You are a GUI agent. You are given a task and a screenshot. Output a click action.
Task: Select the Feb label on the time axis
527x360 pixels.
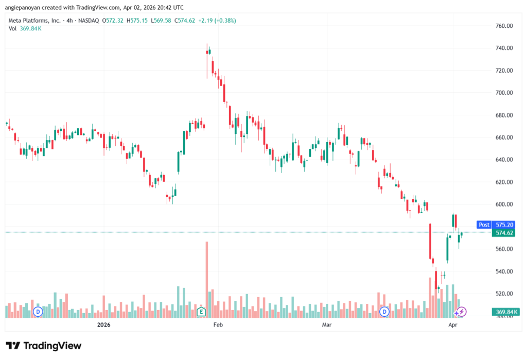(218, 325)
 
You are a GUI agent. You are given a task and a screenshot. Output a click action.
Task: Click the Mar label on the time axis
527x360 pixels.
(326, 325)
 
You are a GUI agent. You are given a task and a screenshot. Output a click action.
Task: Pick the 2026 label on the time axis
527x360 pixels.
(104, 325)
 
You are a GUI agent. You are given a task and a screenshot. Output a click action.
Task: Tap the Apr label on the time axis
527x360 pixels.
(453, 325)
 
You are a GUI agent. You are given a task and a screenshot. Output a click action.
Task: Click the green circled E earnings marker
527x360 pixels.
(201, 312)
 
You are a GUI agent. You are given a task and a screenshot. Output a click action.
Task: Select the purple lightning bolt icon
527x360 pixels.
(462, 312)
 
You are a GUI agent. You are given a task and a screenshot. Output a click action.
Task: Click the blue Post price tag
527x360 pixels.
(484, 225)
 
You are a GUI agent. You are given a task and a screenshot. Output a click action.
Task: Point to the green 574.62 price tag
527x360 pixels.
(502, 233)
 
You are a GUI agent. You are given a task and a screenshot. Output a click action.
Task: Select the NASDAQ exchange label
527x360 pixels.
(87, 21)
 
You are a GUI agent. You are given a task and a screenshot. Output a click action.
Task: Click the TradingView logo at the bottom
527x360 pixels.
(44, 346)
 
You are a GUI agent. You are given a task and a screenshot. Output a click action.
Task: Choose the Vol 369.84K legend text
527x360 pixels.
(25, 28)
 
